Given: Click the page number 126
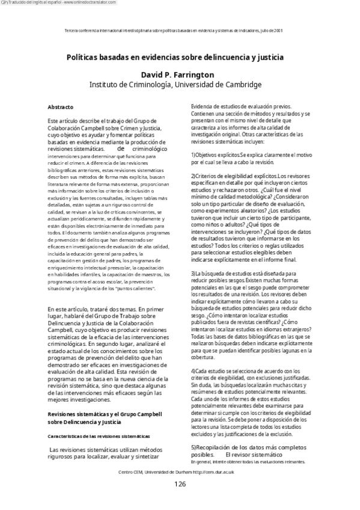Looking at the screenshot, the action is click(180, 484).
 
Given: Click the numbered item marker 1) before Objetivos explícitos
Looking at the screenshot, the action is click(194, 155).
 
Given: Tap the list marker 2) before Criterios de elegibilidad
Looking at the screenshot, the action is click(194, 176).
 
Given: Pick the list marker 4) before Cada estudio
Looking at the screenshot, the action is click(194, 370).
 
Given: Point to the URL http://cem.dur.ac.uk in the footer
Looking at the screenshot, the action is click(212, 472).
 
